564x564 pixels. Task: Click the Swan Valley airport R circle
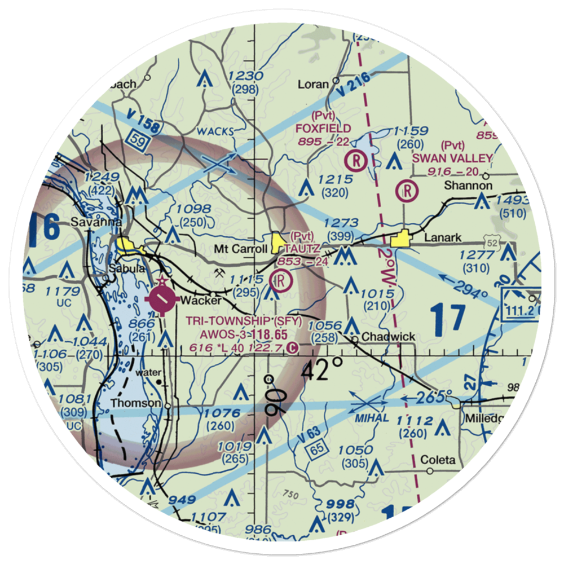pyautogui.click(x=407, y=191)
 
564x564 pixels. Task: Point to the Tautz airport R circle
pyautogui.click(x=281, y=279)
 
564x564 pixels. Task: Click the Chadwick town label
pyautogui.click(x=389, y=337)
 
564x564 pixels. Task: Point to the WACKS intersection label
pyautogui.click(x=217, y=131)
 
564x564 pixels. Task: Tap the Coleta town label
pyautogui.click(x=438, y=460)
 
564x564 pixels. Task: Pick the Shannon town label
pyautogui.click(x=468, y=185)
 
